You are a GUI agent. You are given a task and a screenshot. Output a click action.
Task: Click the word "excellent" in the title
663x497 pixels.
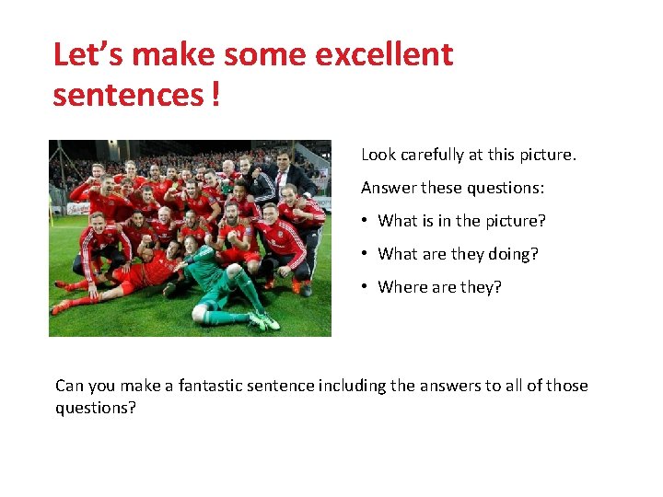click(x=384, y=55)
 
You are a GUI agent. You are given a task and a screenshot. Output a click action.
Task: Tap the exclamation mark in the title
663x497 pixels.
click(x=215, y=94)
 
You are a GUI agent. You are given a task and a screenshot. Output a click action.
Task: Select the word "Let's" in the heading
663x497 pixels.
click(x=88, y=55)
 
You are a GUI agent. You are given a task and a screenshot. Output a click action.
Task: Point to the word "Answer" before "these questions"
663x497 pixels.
click(x=389, y=188)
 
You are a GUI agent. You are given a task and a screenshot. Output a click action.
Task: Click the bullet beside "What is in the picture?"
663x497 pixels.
click(x=366, y=221)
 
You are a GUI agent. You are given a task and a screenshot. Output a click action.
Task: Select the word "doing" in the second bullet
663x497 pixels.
click(x=517, y=254)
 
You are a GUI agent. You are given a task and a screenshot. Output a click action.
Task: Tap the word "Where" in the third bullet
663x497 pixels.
click(x=402, y=287)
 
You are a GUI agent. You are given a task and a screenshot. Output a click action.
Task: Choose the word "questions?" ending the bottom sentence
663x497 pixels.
click(x=96, y=407)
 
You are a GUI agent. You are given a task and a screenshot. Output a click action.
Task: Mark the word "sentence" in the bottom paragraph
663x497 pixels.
click(x=282, y=386)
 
